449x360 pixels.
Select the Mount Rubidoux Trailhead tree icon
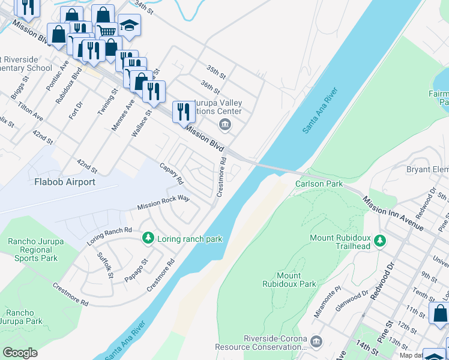point(379,241)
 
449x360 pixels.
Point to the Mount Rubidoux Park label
point(289,280)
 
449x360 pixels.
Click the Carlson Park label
point(318,184)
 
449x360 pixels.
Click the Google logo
point(20,353)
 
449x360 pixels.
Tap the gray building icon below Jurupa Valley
point(224,125)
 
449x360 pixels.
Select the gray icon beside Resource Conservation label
point(317,341)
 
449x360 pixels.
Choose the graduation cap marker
point(128,26)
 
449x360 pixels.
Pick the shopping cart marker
point(106,31)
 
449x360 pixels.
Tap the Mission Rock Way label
point(163,202)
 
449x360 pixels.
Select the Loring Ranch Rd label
point(109,235)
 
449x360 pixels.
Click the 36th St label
point(210,88)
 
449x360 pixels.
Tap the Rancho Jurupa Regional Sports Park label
point(32,250)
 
